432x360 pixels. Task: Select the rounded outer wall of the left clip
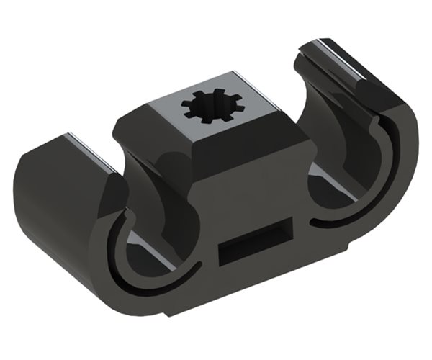click(x=50, y=209)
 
